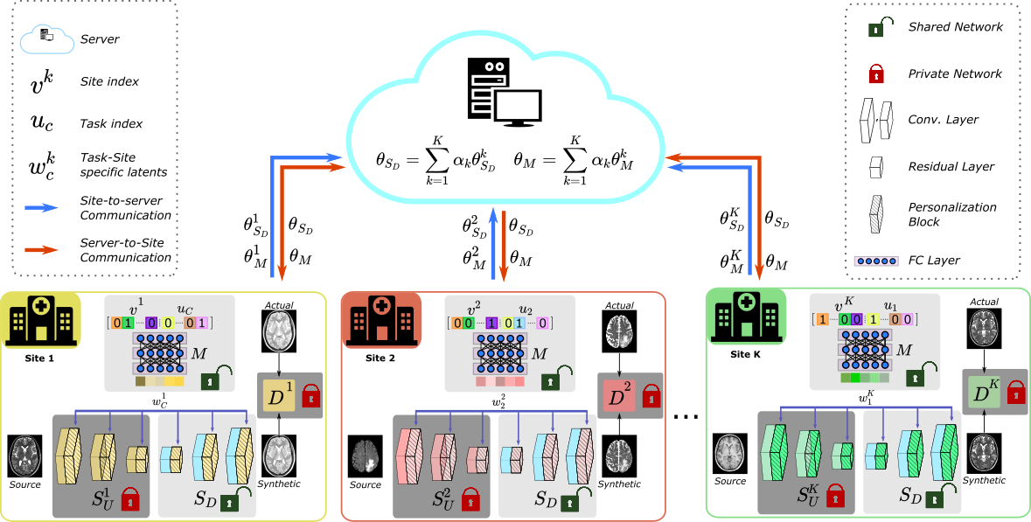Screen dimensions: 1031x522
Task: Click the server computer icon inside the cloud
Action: [505, 92]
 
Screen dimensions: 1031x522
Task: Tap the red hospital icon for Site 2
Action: [380, 321]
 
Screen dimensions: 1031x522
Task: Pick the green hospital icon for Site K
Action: [746, 318]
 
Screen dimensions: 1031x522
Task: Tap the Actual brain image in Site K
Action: [985, 327]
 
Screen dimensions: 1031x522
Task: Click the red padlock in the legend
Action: [876, 73]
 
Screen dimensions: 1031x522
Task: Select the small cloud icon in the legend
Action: [47, 38]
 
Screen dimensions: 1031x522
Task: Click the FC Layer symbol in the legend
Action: [875, 261]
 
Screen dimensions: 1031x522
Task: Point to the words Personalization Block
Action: [952, 214]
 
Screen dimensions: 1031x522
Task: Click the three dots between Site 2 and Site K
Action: [686, 416]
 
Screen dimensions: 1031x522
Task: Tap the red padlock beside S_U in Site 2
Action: [470, 499]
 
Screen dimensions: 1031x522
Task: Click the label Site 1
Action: [39, 358]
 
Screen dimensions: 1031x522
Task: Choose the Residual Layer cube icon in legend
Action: [876, 167]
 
